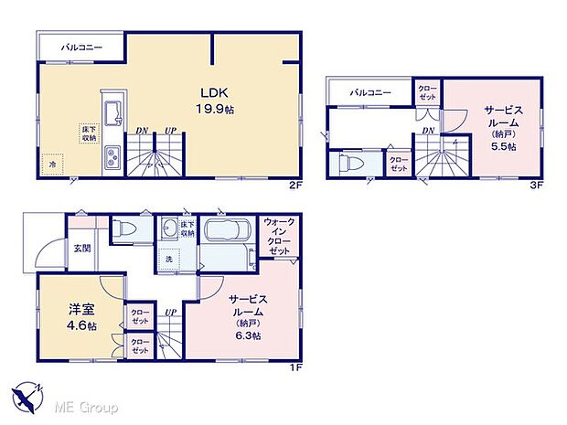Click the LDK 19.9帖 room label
click(x=214, y=100)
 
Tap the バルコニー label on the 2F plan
click(x=81, y=45)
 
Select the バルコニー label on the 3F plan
click(x=369, y=92)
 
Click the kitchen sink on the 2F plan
click(x=113, y=114)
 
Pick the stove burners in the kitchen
click(x=113, y=157)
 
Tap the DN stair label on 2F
click(x=142, y=132)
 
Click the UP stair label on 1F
click(x=170, y=312)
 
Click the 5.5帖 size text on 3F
click(x=505, y=145)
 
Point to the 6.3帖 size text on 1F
click(x=248, y=335)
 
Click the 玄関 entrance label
click(x=82, y=248)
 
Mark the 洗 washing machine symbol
click(x=169, y=259)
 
